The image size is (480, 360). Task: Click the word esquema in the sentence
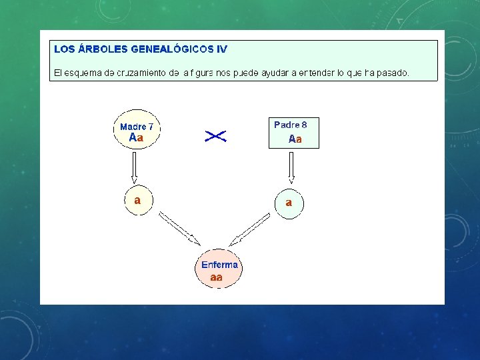click(x=82, y=72)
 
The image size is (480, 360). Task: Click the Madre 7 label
click(x=137, y=127)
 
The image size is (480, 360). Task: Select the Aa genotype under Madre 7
click(x=136, y=138)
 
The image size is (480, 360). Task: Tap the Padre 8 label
click(x=291, y=125)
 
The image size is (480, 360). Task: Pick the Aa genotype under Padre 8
click(x=295, y=139)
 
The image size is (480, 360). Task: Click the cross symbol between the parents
click(x=215, y=136)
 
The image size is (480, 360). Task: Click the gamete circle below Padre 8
click(x=289, y=203)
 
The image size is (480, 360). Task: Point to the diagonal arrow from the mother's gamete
click(x=179, y=229)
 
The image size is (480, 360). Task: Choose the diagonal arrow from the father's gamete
click(x=251, y=229)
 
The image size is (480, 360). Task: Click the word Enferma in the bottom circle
click(x=219, y=265)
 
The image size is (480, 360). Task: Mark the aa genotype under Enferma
click(x=217, y=277)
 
